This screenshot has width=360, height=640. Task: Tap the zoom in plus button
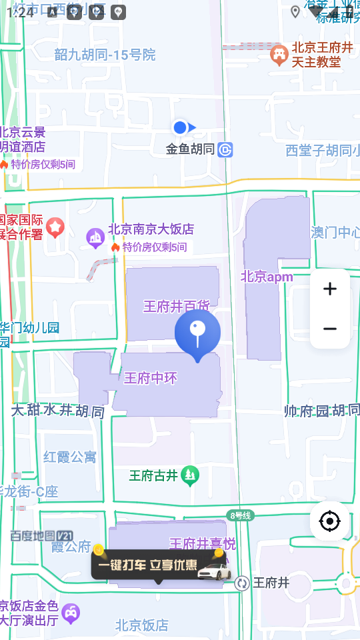[x=329, y=289]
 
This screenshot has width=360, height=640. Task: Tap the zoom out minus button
[x=329, y=329]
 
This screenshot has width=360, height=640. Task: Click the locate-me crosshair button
[x=329, y=521]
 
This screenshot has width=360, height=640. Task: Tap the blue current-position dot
[x=179, y=127]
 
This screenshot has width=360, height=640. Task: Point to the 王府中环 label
[x=151, y=379]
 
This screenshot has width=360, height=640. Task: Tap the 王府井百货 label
[x=177, y=306]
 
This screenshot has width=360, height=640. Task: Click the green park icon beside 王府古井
[x=190, y=475]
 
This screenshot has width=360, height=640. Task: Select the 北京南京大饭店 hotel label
[x=151, y=229]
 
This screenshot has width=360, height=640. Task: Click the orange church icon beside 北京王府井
[x=279, y=54]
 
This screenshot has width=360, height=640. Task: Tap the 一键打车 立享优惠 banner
[x=158, y=565]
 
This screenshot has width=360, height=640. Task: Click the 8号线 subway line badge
[x=240, y=515]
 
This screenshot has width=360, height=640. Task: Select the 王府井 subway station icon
[x=242, y=583]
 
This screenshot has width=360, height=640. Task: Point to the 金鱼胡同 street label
[x=190, y=149]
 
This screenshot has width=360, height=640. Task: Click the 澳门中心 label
[x=335, y=233]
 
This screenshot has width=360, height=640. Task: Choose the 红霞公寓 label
[x=70, y=457]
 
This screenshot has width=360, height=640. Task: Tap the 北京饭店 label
[x=141, y=625]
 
